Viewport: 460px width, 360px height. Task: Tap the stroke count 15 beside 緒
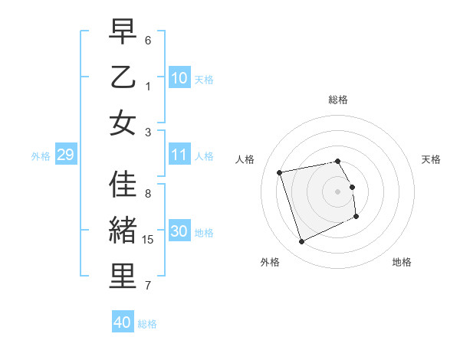(x=149, y=240)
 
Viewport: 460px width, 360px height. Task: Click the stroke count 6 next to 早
(x=148, y=40)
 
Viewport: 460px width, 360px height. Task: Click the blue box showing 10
(x=179, y=77)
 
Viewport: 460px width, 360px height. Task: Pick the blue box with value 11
(x=179, y=155)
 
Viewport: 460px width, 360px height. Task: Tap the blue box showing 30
(x=179, y=231)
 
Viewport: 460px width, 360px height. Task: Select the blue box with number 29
(x=65, y=155)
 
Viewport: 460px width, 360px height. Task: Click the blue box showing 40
(x=122, y=322)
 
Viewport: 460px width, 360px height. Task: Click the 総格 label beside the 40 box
(x=147, y=324)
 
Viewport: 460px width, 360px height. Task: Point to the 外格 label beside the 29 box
(x=41, y=156)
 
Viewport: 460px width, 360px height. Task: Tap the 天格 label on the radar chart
(x=431, y=159)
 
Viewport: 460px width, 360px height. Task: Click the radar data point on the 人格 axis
(x=280, y=172)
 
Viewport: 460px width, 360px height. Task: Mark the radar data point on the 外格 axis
(x=301, y=242)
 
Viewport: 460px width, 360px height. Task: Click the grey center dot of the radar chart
(x=337, y=191)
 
